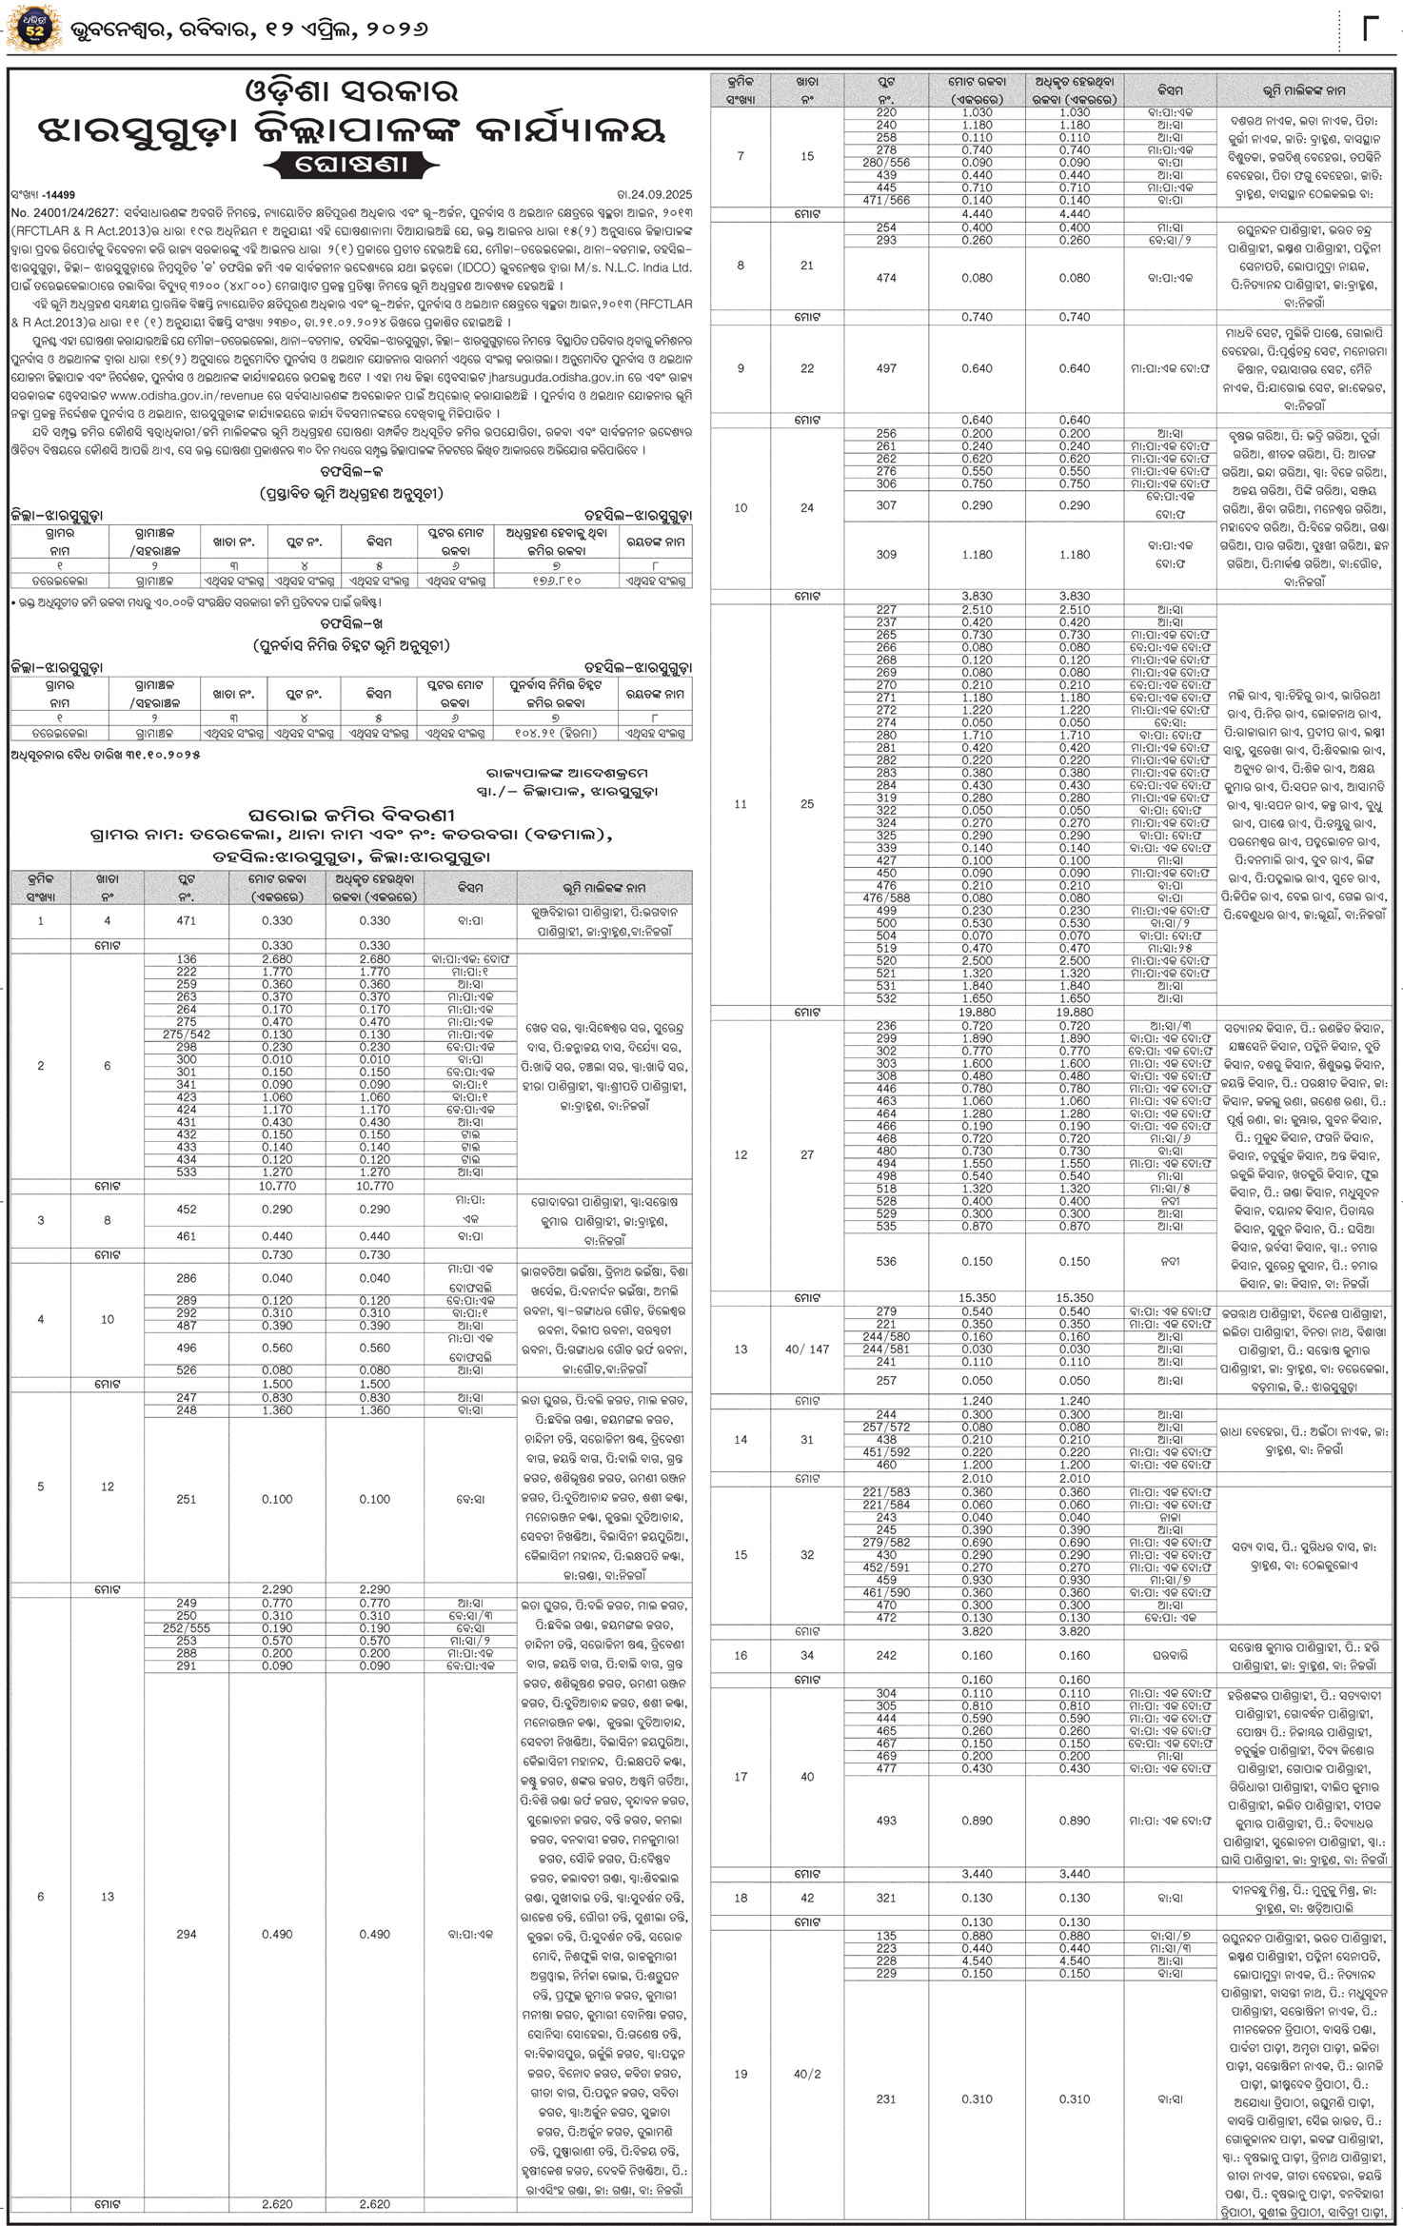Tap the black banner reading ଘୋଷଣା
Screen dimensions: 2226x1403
click(x=351, y=164)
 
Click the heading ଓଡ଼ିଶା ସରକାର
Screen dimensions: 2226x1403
click(x=351, y=91)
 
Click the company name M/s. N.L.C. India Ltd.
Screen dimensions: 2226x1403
click(x=628, y=268)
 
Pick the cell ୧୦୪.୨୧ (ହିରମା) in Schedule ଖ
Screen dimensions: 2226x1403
click(x=554, y=733)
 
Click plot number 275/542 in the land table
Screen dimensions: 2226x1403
click(x=187, y=1034)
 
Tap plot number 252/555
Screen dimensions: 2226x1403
click(x=187, y=1628)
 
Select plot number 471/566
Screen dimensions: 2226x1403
click(x=886, y=201)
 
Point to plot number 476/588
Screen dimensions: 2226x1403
click(x=886, y=897)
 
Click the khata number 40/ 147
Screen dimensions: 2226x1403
click(x=806, y=1349)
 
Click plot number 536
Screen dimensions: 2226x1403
click(x=886, y=1262)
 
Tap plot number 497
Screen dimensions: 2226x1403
click(x=886, y=368)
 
